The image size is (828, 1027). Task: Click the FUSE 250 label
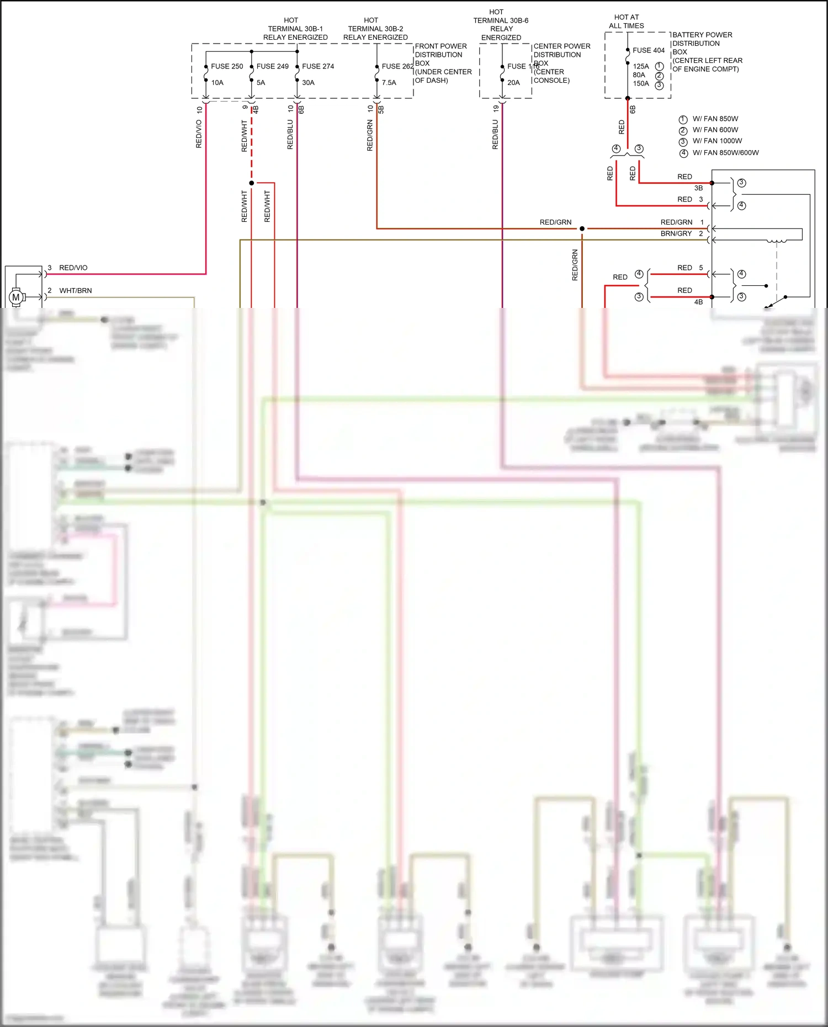pyautogui.click(x=226, y=66)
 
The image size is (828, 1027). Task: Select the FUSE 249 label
pyautogui.click(x=272, y=66)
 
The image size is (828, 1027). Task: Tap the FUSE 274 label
pyautogui.click(x=318, y=66)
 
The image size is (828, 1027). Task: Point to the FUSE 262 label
pyautogui.click(x=397, y=66)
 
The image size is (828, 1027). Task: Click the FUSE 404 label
pyautogui.click(x=649, y=50)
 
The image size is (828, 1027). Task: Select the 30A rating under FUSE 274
pyautogui.click(x=308, y=83)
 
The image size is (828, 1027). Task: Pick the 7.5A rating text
pyautogui.click(x=389, y=83)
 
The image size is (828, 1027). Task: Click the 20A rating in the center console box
pyautogui.click(x=513, y=83)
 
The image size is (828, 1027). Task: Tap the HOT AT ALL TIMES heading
pyautogui.click(x=627, y=22)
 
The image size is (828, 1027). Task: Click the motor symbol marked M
pyautogui.click(x=16, y=297)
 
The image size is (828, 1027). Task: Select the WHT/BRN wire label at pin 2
pyautogui.click(x=76, y=291)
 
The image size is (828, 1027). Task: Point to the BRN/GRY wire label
pyautogui.click(x=676, y=234)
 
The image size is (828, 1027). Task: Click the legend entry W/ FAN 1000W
pyautogui.click(x=717, y=141)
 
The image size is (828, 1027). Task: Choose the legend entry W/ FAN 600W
pyautogui.click(x=715, y=130)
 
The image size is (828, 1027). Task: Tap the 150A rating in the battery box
pyautogui.click(x=641, y=84)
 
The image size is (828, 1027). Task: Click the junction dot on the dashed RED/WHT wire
pyautogui.click(x=252, y=183)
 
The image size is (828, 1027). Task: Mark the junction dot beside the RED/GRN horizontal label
pyautogui.click(x=582, y=228)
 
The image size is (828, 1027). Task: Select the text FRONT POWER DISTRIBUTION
pyautogui.click(x=440, y=50)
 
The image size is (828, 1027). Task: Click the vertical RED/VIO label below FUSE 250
pyautogui.click(x=199, y=134)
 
